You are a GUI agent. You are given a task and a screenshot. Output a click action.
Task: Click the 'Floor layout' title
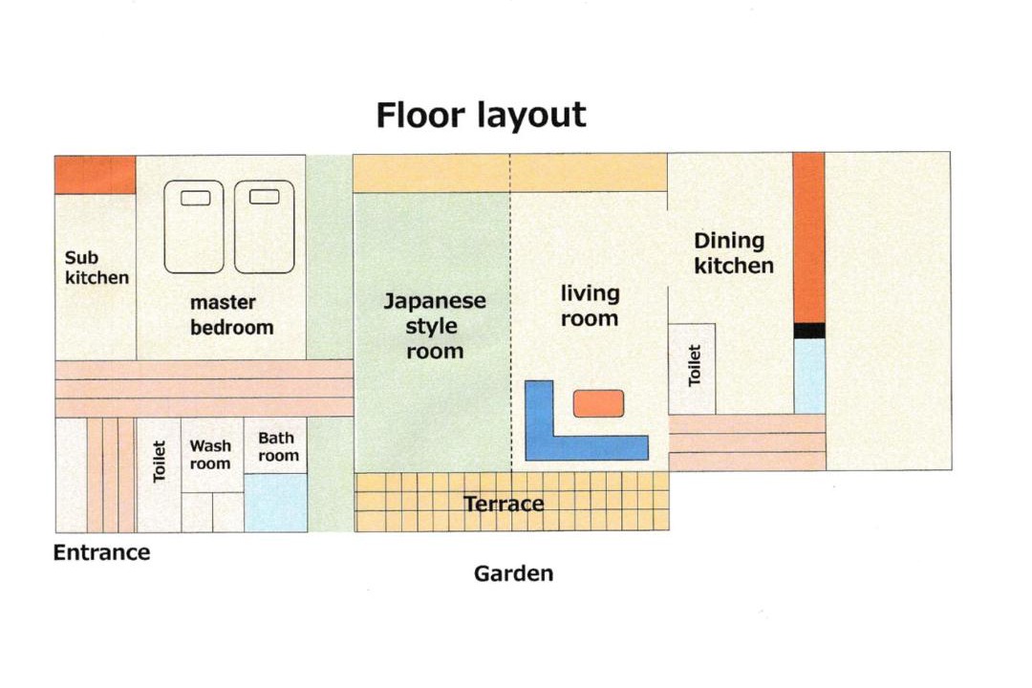(481, 116)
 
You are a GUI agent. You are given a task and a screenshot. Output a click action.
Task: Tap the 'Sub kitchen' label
(97, 268)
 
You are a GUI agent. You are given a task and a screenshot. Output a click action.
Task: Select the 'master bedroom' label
(231, 314)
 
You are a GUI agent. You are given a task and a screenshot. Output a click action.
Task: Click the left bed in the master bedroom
(194, 227)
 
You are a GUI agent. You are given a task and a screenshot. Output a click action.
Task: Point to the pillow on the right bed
(265, 196)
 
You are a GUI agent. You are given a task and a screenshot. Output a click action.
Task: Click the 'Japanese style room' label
(435, 326)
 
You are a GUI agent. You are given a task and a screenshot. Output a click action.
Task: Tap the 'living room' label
(590, 306)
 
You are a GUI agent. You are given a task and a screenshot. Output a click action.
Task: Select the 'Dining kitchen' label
(733, 253)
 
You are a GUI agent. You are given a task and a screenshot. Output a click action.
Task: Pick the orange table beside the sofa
(598, 403)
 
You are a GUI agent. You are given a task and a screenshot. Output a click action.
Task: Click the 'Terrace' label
(504, 505)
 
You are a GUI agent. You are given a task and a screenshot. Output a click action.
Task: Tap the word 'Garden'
(513, 573)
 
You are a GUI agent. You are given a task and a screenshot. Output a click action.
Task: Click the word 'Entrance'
(101, 552)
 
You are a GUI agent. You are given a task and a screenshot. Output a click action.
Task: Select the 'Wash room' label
(210, 455)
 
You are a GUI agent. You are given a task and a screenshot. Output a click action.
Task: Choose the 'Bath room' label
(278, 447)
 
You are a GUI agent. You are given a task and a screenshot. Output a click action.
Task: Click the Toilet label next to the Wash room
(159, 462)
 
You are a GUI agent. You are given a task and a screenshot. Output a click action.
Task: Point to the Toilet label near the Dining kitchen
(695, 365)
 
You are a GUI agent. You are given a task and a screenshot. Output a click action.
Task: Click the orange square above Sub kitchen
(95, 175)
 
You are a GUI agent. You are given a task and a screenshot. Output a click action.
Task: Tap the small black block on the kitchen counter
(809, 331)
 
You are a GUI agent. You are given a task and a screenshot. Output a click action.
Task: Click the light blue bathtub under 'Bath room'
(276, 503)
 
